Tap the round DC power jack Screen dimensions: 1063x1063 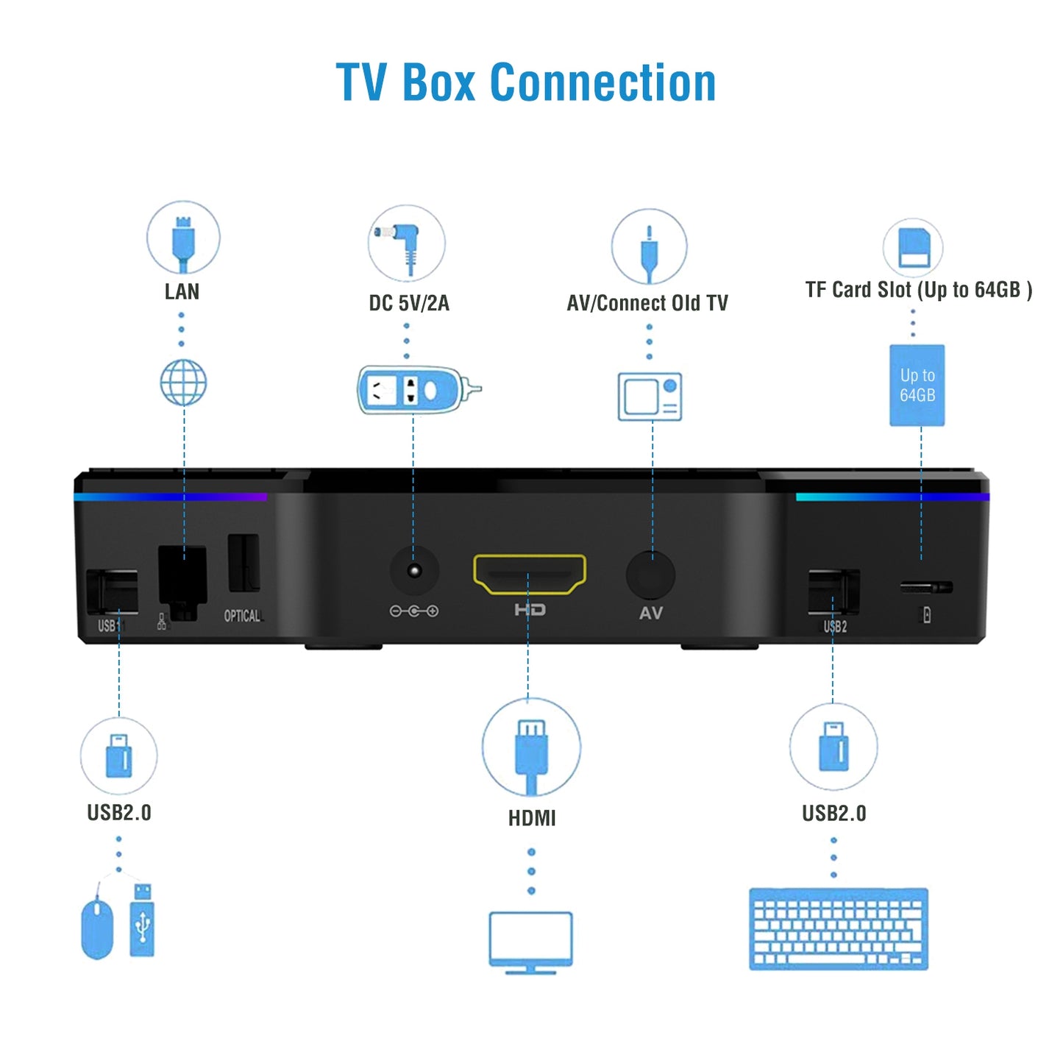click(x=414, y=571)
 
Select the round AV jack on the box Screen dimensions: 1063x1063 click(x=650, y=575)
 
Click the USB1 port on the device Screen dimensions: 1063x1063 click(x=112, y=591)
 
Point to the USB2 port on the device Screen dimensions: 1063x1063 click(x=833, y=591)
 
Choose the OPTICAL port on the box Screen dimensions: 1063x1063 click(x=243, y=564)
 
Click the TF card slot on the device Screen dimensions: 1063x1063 click(x=926, y=587)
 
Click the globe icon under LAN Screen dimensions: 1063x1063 click(x=183, y=383)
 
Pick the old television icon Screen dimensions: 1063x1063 click(x=650, y=397)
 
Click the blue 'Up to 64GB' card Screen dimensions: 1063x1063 click(x=917, y=385)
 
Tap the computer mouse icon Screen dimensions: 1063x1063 click(x=97, y=928)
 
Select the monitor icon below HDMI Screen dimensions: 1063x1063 click(x=530, y=942)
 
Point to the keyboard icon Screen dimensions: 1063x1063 click(x=838, y=928)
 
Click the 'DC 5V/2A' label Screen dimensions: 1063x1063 click(x=409, y=303)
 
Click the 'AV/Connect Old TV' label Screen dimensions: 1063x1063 click(x=647, y=303)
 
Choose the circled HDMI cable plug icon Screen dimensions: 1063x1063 click(x=531, y=747)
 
